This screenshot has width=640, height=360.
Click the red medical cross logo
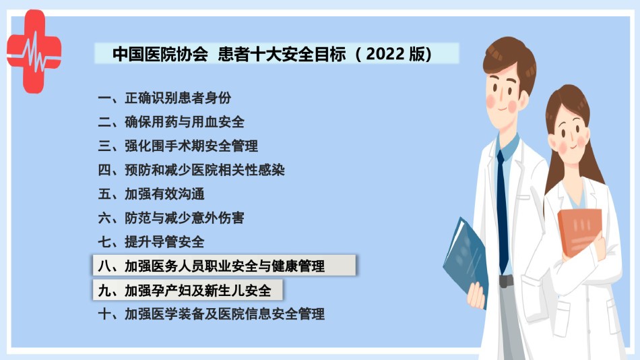34,51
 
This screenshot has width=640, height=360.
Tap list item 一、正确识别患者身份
164,98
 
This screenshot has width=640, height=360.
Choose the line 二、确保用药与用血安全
171,122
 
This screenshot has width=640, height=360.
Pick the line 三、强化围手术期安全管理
178,146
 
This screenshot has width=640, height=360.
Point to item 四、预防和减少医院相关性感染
191,170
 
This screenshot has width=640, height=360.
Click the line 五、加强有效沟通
151,194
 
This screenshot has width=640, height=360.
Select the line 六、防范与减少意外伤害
171,218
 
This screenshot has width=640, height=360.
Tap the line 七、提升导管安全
151,242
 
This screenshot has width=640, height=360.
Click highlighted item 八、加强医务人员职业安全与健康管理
224,266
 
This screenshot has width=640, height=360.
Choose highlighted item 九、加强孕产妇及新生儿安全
187,290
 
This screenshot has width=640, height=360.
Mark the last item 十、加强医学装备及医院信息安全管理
211,314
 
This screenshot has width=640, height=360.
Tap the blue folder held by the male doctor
466,261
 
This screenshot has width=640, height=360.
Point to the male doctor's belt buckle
506,280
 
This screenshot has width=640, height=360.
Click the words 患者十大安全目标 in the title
282,54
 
